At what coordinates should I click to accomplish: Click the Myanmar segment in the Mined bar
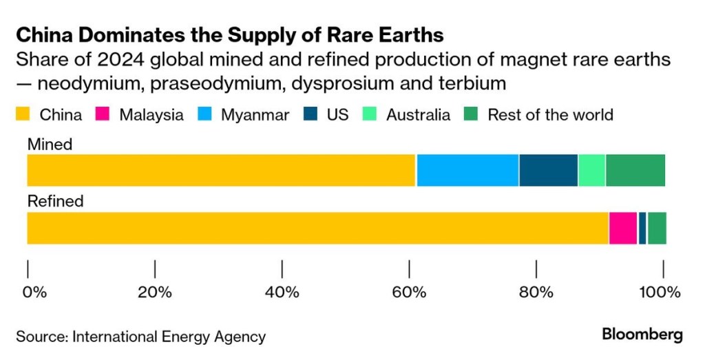(467, 170)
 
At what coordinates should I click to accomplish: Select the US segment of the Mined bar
(548, 170)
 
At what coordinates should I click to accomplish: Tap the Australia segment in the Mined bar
(591, 170)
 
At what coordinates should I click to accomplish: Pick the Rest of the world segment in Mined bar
(635, 170)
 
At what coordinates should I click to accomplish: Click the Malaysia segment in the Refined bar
(622, 228)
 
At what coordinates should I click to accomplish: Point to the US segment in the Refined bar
(642, 228)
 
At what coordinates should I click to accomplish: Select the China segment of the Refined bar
(317, 228)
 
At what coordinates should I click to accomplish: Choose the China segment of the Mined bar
(220, 170)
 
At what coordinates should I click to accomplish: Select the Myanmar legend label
(255, 114)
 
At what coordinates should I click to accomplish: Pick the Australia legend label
(418, 114)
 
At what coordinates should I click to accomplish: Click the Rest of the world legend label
(550, 114)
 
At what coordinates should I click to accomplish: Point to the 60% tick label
(409, 292)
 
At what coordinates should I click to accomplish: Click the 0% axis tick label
(34, 292)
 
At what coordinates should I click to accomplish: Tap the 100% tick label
(659, 292)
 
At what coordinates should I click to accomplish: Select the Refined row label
(55, 201)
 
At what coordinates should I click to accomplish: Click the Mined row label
(50, 144)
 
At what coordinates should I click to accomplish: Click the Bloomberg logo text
(642, 335)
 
